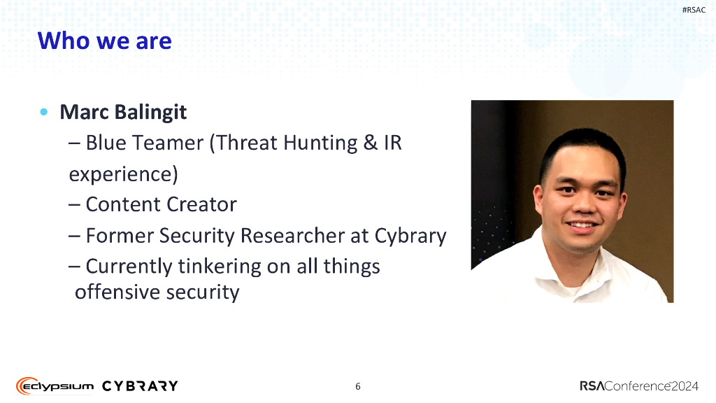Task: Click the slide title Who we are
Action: [x=105, y=41]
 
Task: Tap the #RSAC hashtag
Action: [x=694, y=10]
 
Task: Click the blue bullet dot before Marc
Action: [x=44, y=112]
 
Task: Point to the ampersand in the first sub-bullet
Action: [x=371, y=143]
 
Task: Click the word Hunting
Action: [x=320, y=143]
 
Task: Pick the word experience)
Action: [x=123, y=174]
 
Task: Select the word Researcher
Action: [x=292, y=235]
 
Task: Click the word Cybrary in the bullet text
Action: [x=410, y=236]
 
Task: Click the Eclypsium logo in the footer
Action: [x=55, y=386]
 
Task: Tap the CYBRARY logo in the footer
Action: [x=140, y=386]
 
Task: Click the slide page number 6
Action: [x=358, y=386]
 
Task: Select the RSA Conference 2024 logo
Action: [x=639, y=386]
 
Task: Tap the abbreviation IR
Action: [x=393, y=143]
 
